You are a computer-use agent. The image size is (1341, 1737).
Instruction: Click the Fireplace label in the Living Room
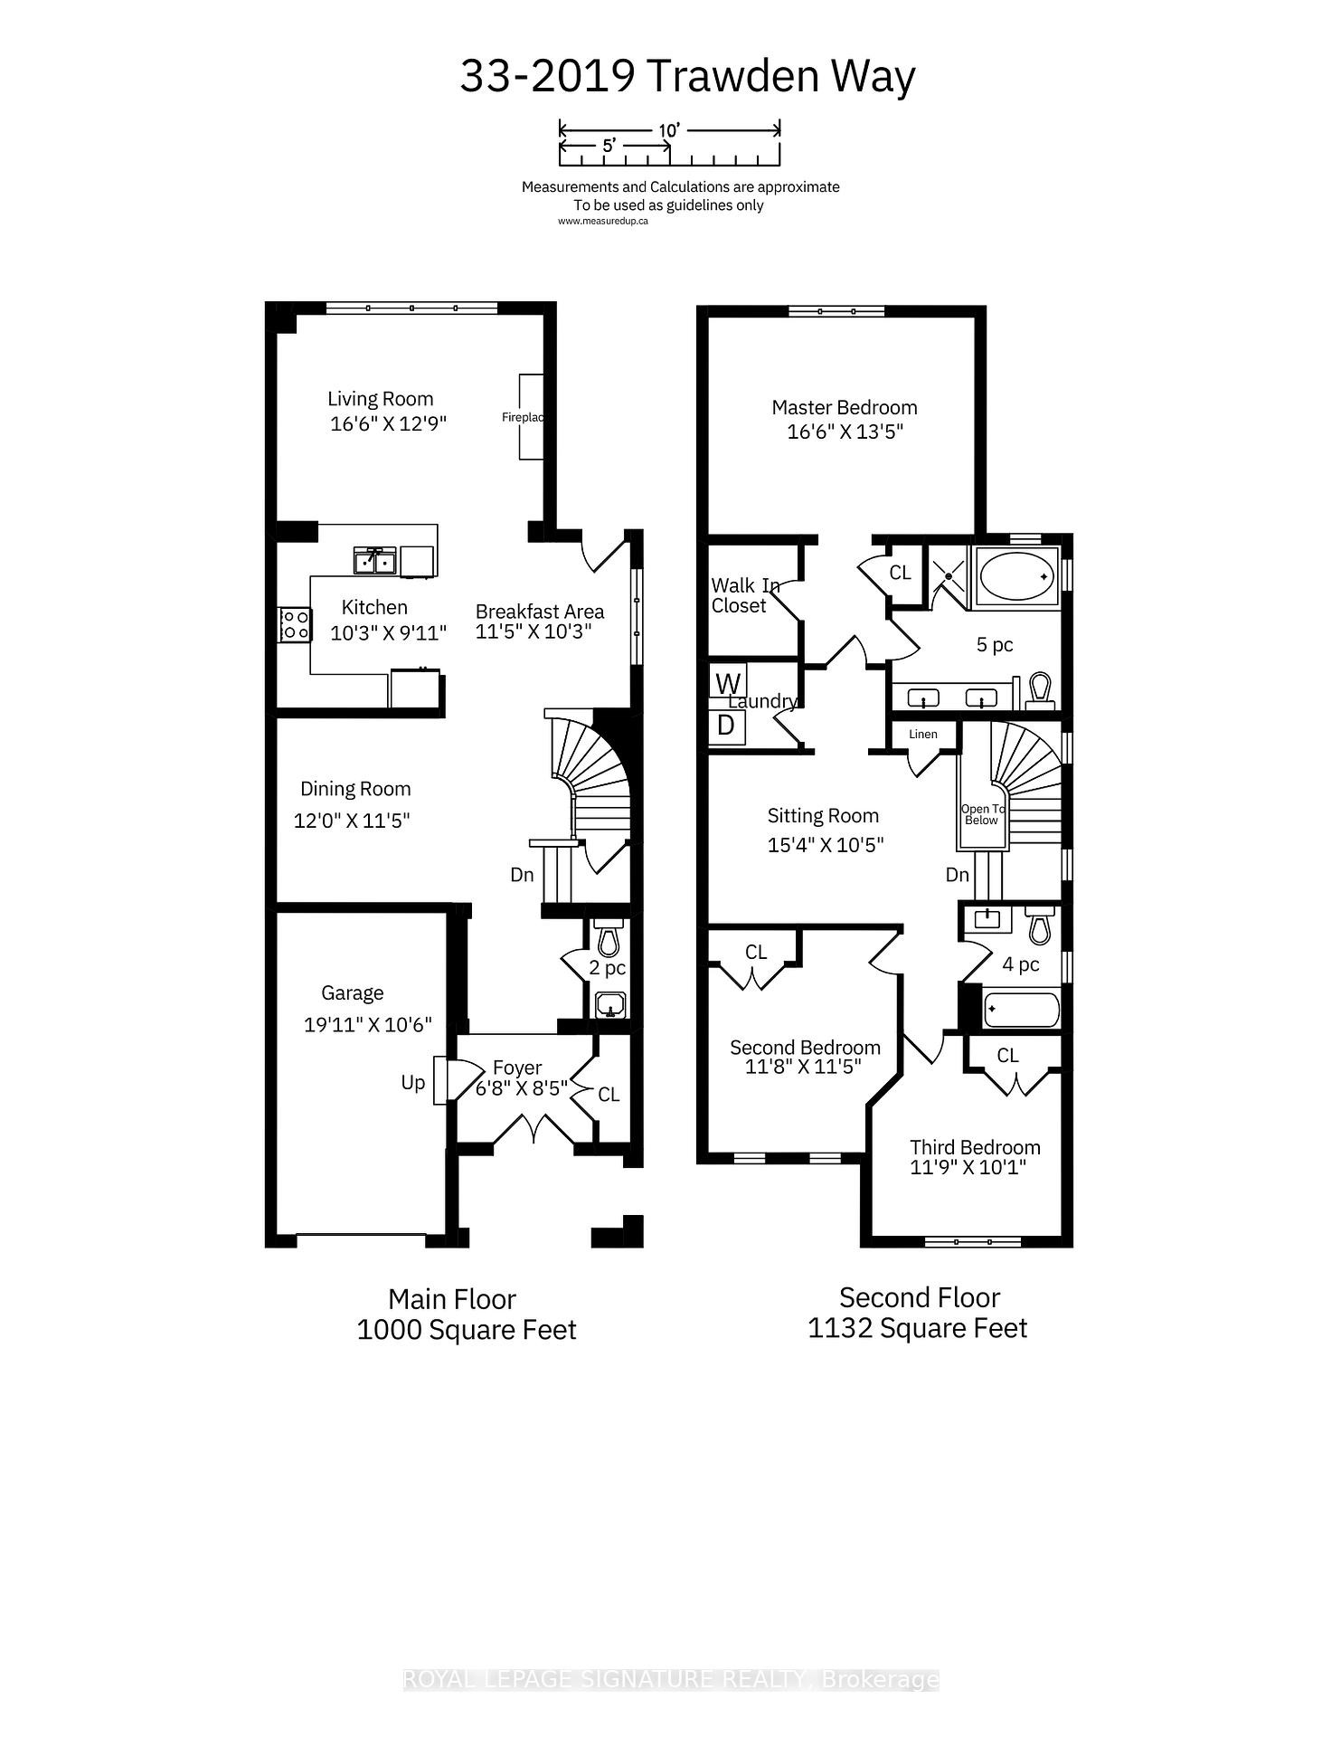(x=523, y=417)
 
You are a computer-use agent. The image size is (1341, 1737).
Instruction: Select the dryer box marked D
(x=726, y=725)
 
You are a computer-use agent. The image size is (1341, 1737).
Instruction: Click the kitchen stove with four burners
(x=295, y=624)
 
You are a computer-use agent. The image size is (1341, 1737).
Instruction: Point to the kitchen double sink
(x=374, y=561)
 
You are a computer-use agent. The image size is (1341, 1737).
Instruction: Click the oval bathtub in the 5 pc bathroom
(x=1016, y=576)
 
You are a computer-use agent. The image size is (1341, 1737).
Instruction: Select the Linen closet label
(x=923, y=734)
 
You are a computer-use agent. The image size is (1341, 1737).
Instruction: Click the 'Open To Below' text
(x=982, y=814)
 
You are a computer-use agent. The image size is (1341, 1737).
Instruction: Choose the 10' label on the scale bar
(x=668, y=130)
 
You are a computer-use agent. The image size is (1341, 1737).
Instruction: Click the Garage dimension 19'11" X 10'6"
(x=368, y=1024)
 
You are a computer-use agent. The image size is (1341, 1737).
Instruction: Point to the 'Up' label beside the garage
(x=413, y=1082)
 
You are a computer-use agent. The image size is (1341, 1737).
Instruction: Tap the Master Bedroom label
(x=844, y=407)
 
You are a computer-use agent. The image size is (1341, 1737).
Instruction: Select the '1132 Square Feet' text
(x=917, y=1328)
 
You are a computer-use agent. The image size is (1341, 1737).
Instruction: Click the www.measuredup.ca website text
(x=602, y=220)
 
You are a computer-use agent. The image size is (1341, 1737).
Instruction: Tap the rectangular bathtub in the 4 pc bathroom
(x=1021, y=1010)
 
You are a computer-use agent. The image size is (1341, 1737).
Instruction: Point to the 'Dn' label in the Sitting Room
(x=958, y=874)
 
